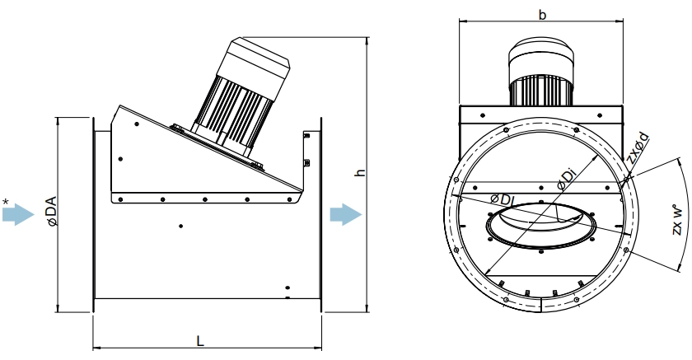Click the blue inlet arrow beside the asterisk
pos(18,215)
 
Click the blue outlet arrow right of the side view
pos(346,215)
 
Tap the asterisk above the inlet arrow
pos(5,203)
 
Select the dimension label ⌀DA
pos(52,212)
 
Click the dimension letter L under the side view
pos(200,340)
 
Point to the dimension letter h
pos(360,172)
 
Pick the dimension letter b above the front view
pos(542,15)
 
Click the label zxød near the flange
pos(638,147)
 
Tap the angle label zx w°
pos(678,219)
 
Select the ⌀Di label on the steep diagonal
pos(567,179)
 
